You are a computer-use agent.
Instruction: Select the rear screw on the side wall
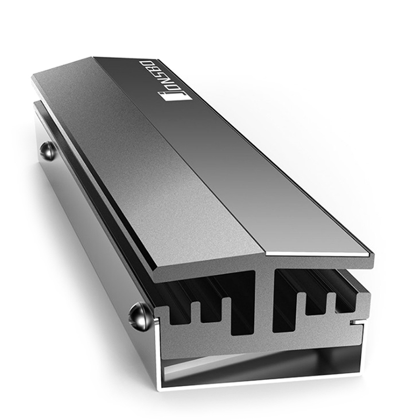tap(48, 151)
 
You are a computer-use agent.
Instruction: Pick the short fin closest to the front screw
tap(195, 312)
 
